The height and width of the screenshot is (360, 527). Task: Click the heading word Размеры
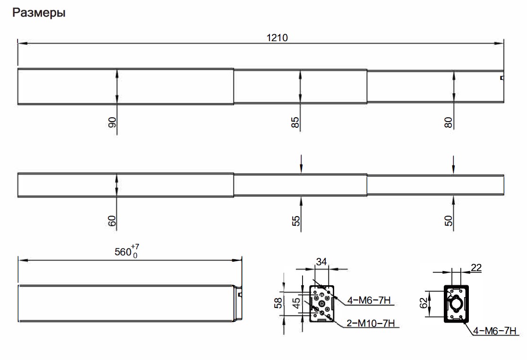pos(39,13)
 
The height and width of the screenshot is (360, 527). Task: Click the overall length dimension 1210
pos(277,37)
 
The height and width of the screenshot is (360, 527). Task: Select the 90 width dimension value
pos(112,122)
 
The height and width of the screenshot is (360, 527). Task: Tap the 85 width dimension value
pos(295,122)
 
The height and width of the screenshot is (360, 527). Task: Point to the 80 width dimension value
pos(448,122)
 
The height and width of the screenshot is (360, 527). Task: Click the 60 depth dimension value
pos(112,221)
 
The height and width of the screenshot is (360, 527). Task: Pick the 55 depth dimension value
pos(296,221)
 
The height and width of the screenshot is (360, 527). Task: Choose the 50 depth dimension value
pos(449,221)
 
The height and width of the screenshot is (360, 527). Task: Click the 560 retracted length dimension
pos(123,252)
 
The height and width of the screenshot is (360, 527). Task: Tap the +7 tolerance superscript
pos(135,246)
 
